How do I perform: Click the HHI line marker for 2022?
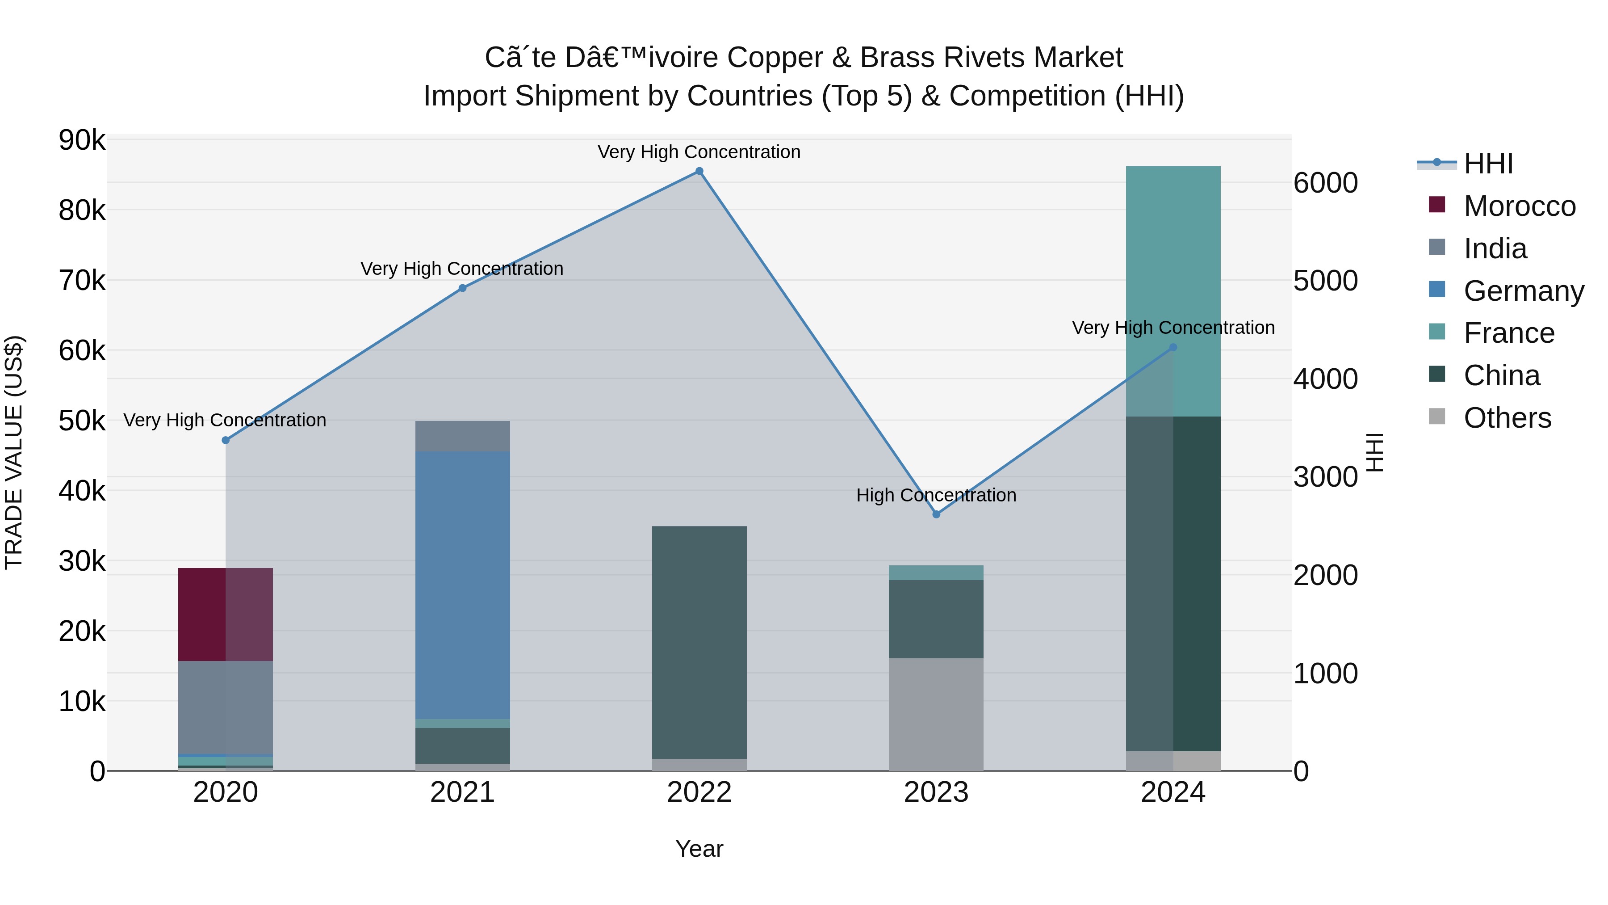[x=699, y=171]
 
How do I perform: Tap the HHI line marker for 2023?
[x=936, y=514]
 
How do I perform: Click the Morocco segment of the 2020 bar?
[x=226, y=614]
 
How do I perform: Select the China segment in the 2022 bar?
[x=699, y=642]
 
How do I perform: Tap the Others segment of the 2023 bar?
[x=936, y=714]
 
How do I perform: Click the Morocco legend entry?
[x=1520, y=206]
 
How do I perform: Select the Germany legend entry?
[x=1523, y=291]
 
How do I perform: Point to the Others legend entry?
[x=1507, y=418]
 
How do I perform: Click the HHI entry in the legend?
[x=1488, y=164]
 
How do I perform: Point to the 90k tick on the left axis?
[x=82, y=140]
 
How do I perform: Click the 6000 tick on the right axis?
[x=1325, y=183]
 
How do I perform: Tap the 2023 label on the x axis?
[x=936, y=792]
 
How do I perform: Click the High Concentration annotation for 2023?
[x=936, y=495]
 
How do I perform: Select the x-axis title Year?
[x=699, y=849]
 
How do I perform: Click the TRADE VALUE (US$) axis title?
[x=14, y=452]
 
